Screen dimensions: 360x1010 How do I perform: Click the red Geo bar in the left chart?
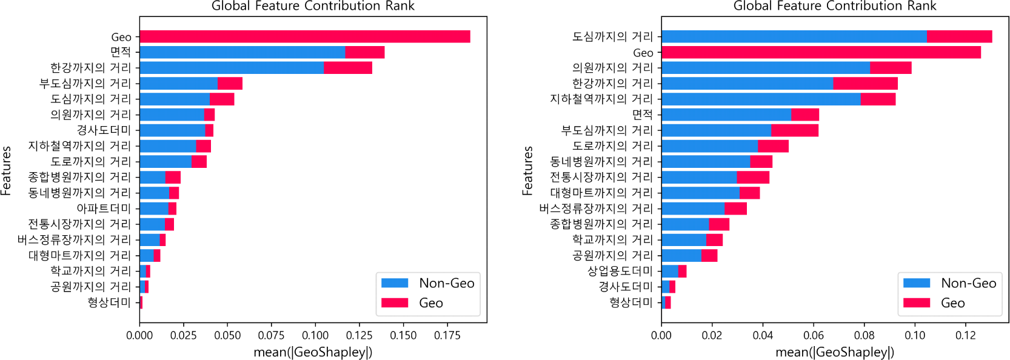tap(304, 36)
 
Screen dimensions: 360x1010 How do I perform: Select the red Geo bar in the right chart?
tap(821, 52)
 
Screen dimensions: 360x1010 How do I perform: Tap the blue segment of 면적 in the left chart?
tap(242, 52)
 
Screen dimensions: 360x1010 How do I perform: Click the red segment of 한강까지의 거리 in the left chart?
tap(347, 67)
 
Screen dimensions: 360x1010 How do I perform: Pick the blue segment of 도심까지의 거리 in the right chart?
tap(794, 36)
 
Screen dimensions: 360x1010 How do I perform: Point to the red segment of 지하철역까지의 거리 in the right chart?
tap(878, 99)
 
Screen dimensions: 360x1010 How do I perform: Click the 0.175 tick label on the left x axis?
tap(447, 335)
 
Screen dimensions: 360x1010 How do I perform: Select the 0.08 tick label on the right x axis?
tap(864, 335)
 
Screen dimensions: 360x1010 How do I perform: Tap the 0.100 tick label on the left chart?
tap(315, 335)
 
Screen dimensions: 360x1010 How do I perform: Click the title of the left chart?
tap(313, 6)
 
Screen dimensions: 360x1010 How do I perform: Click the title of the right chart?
tap(835, 6)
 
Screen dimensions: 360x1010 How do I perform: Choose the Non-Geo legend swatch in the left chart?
tap(395, 283)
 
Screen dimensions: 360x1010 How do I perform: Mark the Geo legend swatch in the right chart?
tap(916, 302)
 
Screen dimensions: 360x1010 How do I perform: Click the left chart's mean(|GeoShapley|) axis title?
tap(313, 352)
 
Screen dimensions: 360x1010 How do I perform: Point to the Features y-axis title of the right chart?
tap(527, 170)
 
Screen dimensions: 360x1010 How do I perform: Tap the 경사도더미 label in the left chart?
tap(104, 130)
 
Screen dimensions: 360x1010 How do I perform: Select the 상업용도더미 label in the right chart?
tap(620, 271)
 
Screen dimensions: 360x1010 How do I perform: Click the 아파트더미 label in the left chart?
tap(104, 208)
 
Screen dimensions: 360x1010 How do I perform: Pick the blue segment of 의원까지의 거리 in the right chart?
tap(765, 67)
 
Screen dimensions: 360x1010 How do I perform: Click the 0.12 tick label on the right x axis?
tap(965, 335)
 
